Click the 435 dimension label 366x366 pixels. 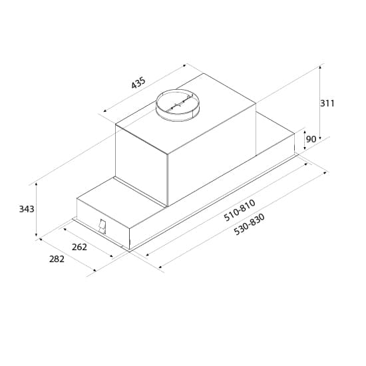click(138, 84)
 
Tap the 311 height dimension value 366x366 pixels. click(327, 103)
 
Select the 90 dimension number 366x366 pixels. click(311, 140)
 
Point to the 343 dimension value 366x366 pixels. click(27, 209)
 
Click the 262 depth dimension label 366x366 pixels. click(79, 247)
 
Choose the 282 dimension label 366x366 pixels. click(57, 259)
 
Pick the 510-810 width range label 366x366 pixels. click(240, 210)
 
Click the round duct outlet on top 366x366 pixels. click(177, 104)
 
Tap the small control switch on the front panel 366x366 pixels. click(102, 227)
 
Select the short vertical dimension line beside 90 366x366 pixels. click(304, 140)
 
